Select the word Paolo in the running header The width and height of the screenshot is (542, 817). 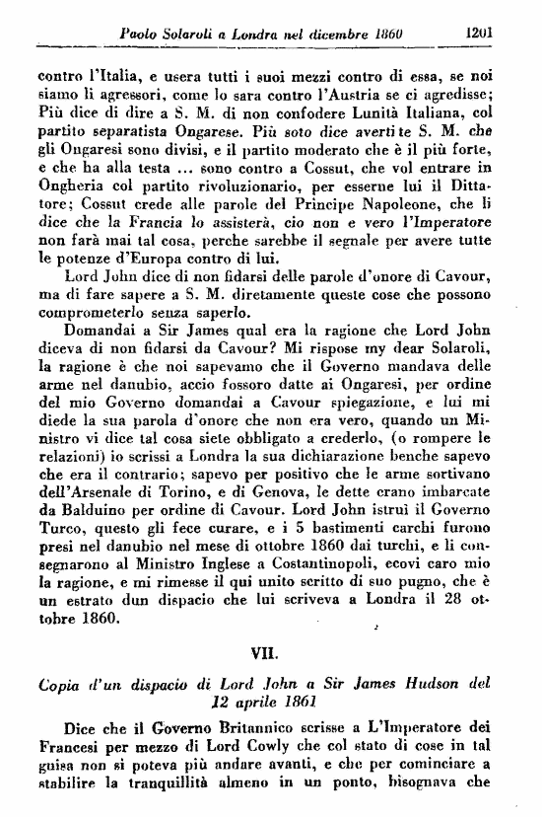[138, 33]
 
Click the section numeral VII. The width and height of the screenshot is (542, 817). [271, 652]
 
